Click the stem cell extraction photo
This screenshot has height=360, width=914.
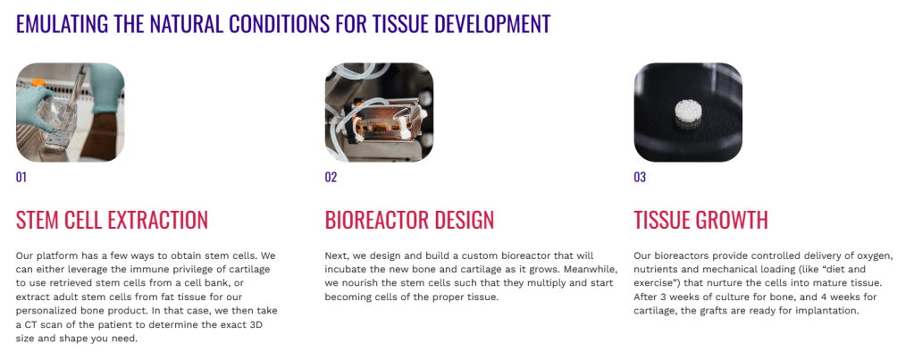[x=70, y=112]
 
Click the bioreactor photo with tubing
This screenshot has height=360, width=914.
[x=379, y=112]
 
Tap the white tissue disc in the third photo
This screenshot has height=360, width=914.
[x=689, y=112]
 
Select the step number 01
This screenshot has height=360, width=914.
[x=21, y=177]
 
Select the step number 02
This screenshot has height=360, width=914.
[x=331, y=177]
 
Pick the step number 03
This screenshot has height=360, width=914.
[x=640, y=177]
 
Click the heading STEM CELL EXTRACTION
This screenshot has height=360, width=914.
[x=112, y=220]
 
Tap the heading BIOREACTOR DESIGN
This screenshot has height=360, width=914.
[x=409, y=220]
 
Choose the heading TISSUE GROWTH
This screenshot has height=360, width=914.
[x=700, y=220]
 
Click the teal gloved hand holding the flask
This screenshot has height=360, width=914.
[x=34, y=105]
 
